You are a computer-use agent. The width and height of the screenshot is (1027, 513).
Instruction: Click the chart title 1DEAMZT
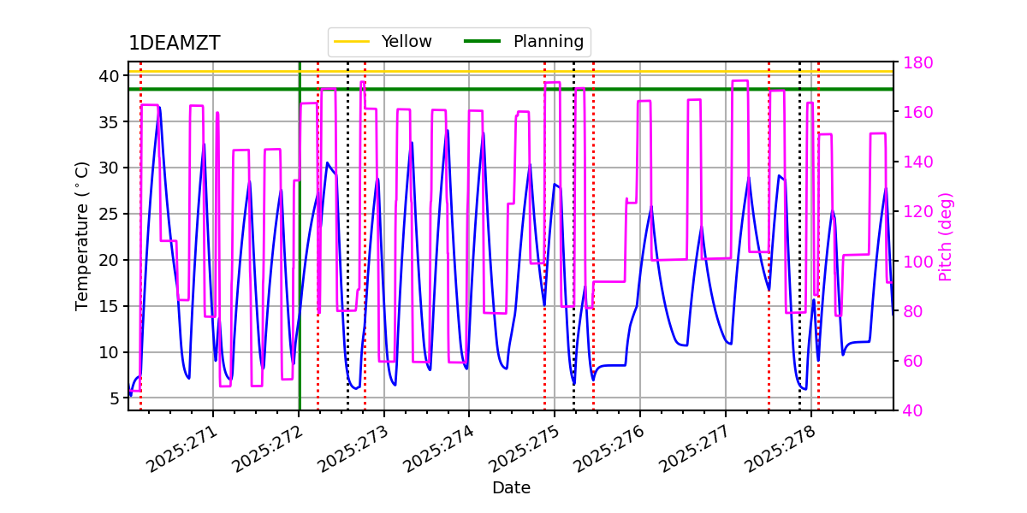pos(174,44)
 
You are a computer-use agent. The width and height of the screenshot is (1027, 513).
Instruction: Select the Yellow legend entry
pos(406,42)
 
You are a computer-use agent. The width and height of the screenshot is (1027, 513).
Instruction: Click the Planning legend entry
pos(548,42)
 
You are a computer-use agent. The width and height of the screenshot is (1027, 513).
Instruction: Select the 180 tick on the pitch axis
pos(916,62)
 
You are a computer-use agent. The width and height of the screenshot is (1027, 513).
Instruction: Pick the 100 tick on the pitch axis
pos(916,262)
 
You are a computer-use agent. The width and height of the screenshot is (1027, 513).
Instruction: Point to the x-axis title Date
pos(511,488)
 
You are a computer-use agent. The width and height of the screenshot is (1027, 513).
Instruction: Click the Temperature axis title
pos(82,235)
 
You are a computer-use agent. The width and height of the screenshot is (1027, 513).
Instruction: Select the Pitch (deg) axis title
pos(946,236)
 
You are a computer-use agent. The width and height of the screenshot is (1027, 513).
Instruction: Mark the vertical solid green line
pos(300,256)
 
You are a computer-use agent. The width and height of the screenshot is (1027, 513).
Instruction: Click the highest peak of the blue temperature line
pos(158,107)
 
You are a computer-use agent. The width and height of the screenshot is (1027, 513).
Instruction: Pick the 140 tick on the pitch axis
pos(916,162)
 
